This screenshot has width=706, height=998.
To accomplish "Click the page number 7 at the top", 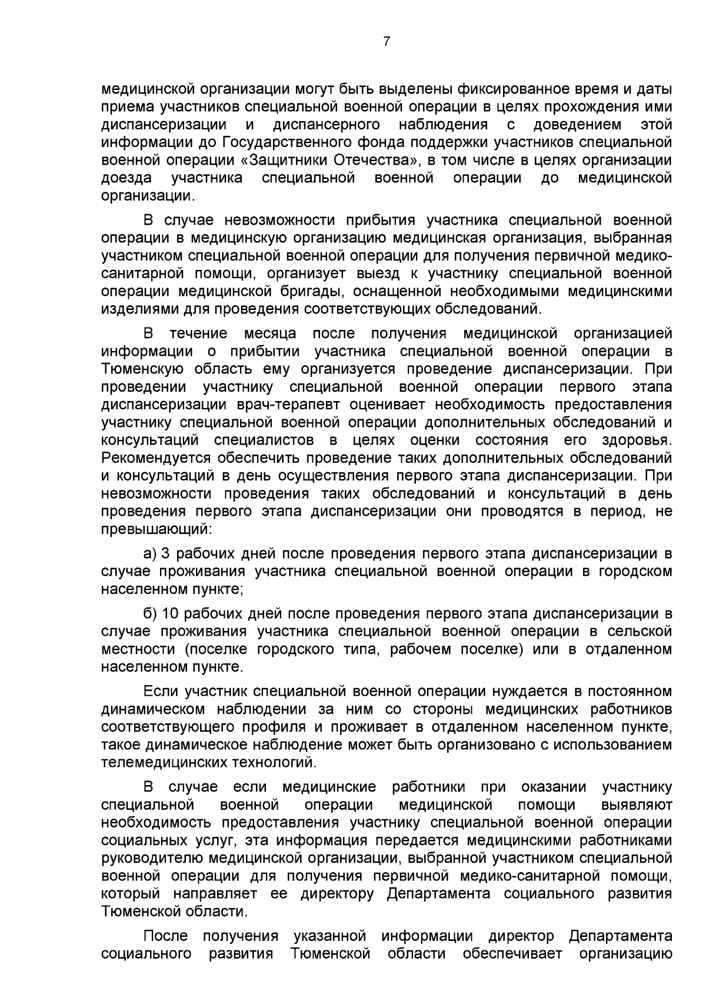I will coord(387,41).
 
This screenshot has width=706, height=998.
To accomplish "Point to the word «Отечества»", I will coord(375,161).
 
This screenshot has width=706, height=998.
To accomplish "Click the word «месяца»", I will coord(270,334).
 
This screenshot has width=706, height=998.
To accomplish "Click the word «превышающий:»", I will coord(156,528).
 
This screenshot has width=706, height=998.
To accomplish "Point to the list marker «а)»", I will coord(150,553).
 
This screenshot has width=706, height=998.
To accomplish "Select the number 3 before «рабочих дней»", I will coord(165,553).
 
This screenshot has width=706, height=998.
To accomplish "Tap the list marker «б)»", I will coord(150,614).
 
